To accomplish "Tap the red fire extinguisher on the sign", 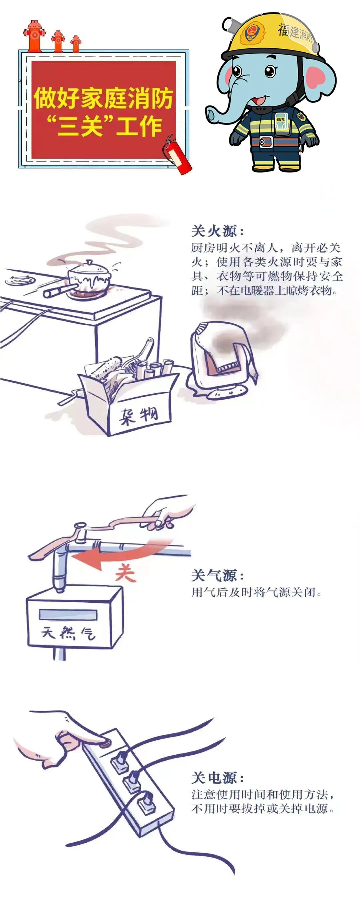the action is coord(177,155).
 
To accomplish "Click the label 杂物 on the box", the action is coord(139,416).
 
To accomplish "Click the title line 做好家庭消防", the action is coord(103,98).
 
